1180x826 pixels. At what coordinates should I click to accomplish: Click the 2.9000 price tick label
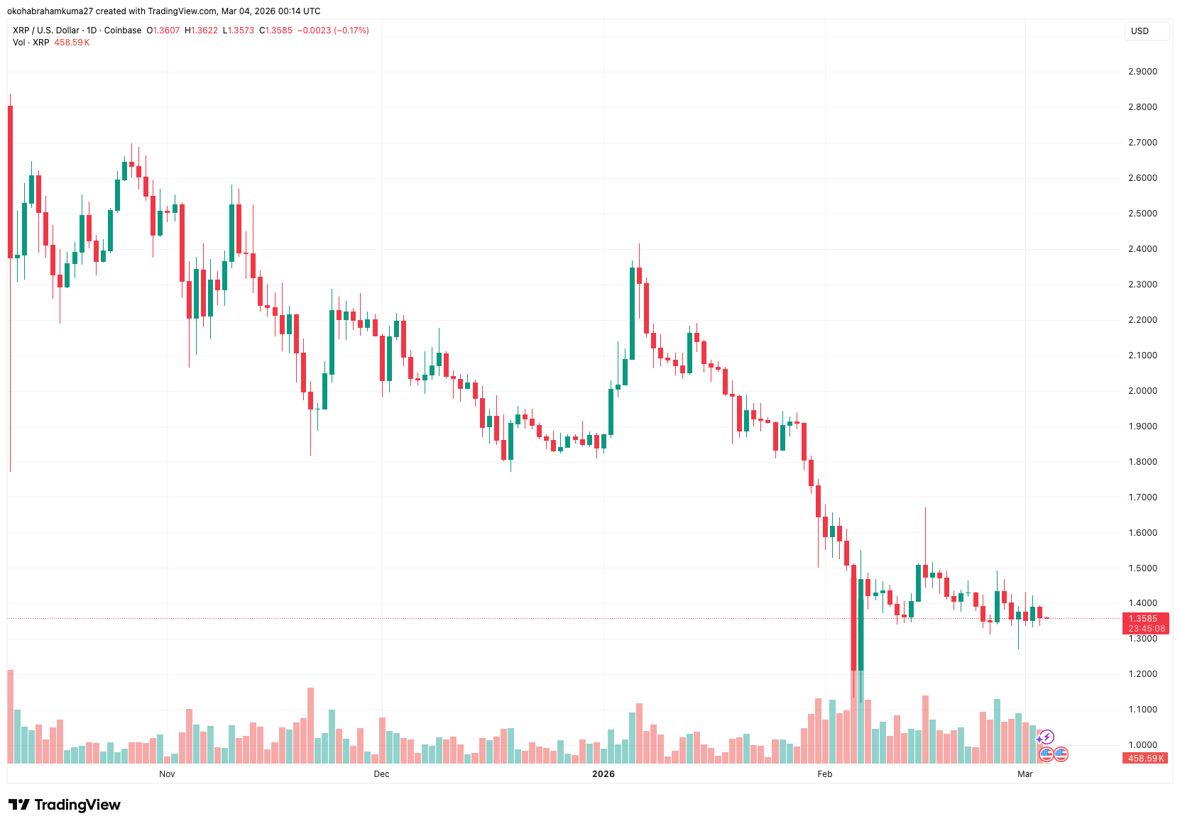pos(1142,72)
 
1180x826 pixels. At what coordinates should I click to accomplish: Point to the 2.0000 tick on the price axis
pos(1142,391)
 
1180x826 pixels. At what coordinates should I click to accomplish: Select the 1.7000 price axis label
pos(1142,497)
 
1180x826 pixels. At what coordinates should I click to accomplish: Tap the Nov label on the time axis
pos(167,773)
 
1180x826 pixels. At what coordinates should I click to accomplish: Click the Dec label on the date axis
pos(381,773)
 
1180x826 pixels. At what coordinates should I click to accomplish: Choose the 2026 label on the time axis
pos(603,773)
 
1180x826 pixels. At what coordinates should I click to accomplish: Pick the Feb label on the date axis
pos(824,773)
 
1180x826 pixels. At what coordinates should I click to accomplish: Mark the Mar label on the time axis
pos(1025,773)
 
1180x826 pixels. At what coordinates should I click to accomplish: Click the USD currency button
pos(1140,31)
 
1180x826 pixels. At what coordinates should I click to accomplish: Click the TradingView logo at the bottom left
pos(65,805)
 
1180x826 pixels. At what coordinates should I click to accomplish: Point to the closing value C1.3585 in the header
pos(275,31)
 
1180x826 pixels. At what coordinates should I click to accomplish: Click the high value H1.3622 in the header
pos(201,31)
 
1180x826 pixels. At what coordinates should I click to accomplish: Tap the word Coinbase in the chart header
pos(123,31)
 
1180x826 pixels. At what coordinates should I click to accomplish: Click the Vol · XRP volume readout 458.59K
pos(72,43)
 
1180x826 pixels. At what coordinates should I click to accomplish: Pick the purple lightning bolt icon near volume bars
pos(1047,737)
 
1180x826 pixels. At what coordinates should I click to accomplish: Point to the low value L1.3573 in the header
pos(239,31)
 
